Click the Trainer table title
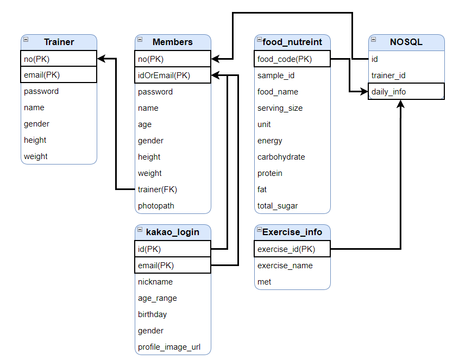click(59, 42)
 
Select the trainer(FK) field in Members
click(158, 190)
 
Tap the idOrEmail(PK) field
click(164, 75)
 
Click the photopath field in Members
click(156, 206)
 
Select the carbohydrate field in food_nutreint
click(281, 157)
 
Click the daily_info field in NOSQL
click(388, 92)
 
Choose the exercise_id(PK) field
click(286, 249)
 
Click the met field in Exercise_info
click(264, 282)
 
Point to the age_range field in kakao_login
click(157, 298)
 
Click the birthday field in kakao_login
click(152, 314)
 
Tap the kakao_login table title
click(172, 232)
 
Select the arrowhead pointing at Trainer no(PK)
click(101, 59)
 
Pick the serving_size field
click(280, 108)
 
